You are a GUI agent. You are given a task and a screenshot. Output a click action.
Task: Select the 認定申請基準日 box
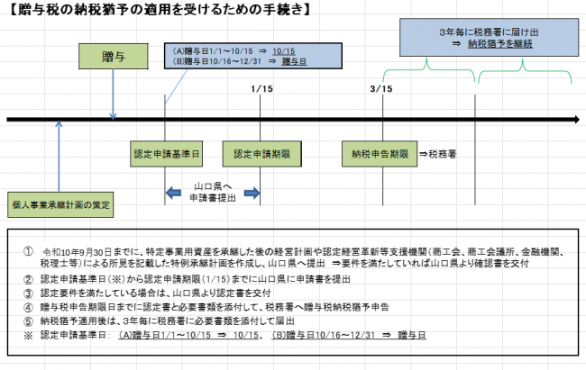coord(165,154)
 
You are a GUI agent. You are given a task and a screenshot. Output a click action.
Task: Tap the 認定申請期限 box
coord(255,154)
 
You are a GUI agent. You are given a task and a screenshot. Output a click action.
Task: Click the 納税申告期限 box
coord(380,154)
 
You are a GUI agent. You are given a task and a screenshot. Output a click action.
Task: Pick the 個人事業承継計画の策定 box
coord(60,204)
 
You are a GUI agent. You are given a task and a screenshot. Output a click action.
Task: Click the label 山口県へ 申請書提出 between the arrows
coord(213,193)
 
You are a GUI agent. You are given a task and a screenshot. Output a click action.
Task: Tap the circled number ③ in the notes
coord(30,293)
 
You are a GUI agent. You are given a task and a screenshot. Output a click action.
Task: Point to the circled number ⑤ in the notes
coord(30,320)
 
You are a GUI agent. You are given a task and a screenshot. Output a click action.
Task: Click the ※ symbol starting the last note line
coord(30,334)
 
